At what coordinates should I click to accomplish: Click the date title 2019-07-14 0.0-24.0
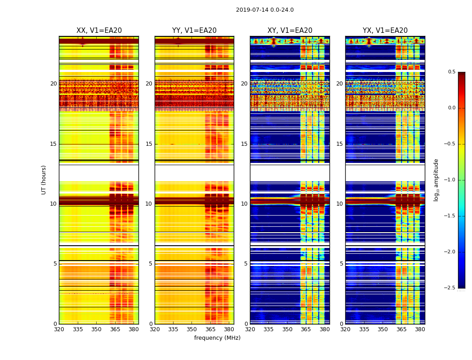tap(265, 10)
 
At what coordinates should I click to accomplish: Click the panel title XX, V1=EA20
tap(99, 31)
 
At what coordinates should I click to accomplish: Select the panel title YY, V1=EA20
tap(194, 31)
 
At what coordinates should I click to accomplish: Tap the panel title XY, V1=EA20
tap(290, 31)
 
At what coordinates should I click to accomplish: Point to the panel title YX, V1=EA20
tap(385, 31)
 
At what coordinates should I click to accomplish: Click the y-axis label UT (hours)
tap(44, 180)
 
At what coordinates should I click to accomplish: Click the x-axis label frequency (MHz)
tap(217, 338)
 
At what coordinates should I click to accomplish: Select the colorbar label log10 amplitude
tap(436, 180)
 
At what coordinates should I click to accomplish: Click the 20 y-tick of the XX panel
tap(53, 84)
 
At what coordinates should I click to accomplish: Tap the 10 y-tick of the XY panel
tap(244, 204)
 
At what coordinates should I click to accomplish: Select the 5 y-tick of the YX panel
tap(341, 264)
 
